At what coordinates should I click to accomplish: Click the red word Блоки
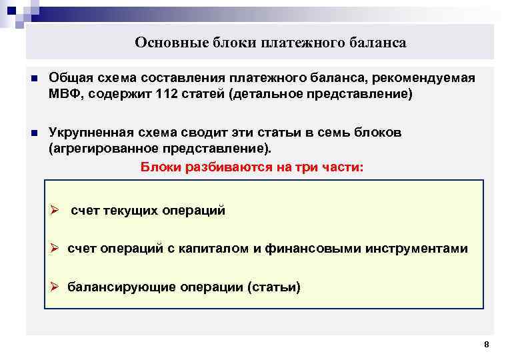(160, 167)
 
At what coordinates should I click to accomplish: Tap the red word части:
(341, 167)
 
